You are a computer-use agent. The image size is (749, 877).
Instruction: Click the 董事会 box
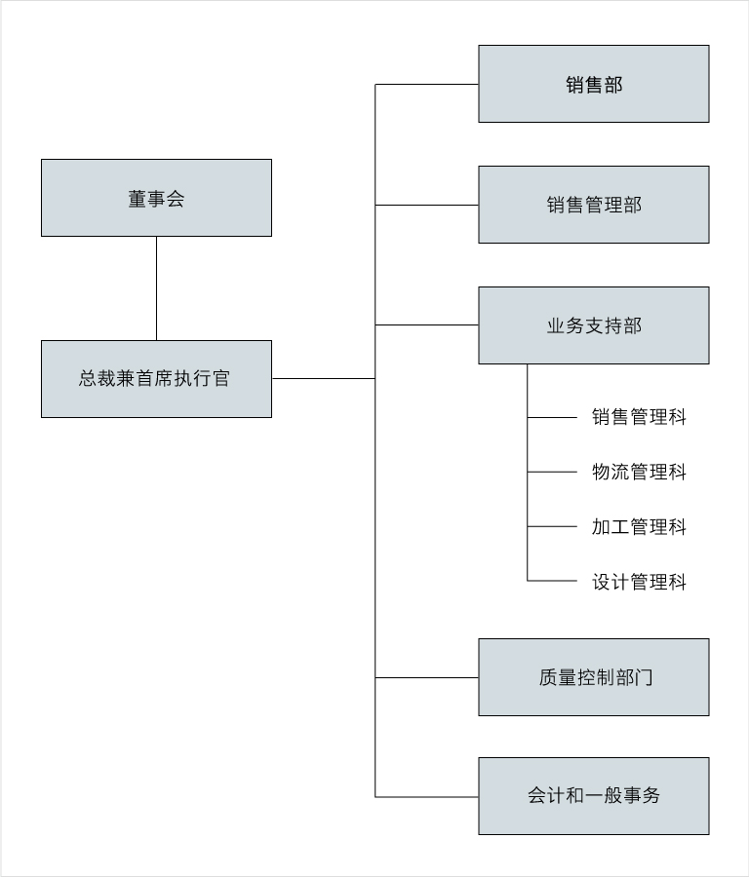click(156, 198)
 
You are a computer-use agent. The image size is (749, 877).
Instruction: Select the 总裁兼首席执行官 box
click(156, 379)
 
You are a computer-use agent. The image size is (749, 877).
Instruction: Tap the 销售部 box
click(593, 84)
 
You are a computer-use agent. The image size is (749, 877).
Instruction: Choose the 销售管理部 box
click(593, 205)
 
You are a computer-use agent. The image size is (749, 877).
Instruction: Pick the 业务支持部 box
click(593, 325)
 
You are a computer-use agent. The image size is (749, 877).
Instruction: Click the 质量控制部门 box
click(593, 677)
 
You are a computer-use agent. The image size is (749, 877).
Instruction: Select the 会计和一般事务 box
click(593, 796)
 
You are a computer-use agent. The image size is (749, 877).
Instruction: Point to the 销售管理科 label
click(639, 417)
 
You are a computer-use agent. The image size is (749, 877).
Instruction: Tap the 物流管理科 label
click(639, 472)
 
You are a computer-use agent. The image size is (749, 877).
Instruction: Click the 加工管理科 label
click(639, 526)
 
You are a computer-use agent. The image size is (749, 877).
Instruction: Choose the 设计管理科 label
click(639, 582)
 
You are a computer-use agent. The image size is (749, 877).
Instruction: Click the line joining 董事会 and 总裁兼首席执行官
click(156, 288)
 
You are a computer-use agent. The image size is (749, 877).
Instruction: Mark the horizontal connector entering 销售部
click(426, 85)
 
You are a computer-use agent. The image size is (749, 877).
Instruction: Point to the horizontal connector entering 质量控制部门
click(426, 677)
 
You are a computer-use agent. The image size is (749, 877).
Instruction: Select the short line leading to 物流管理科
click(552, 472)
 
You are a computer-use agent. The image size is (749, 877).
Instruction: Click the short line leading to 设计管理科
click(552, 581)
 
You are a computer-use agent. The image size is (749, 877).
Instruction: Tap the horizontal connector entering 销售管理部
click(426, 205)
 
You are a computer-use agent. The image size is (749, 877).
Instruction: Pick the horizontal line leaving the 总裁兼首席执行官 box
click(324, 379)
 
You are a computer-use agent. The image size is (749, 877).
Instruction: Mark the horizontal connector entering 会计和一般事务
click(426, 796)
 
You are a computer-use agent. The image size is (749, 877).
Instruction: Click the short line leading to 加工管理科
click(552, 526)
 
